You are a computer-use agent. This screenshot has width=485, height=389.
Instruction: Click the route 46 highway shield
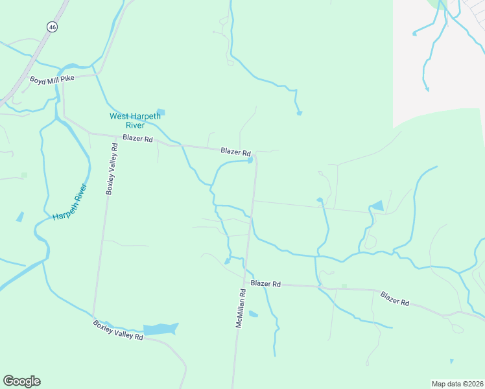[x=52, y=27]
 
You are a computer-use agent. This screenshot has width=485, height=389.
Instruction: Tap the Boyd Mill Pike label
[x=53, y=79]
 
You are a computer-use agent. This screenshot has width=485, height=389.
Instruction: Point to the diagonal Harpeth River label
[x=70, y=202]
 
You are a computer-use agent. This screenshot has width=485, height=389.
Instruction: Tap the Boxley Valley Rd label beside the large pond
[x=117, y=330]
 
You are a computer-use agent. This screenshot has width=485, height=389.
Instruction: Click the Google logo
[x=21, y=381]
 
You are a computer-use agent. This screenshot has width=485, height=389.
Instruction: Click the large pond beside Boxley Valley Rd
[x=160, y=329]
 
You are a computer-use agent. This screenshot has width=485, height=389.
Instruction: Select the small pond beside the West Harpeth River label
[x=161, y=112]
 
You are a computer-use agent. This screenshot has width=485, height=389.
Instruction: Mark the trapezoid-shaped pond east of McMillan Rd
[x=376, y=206]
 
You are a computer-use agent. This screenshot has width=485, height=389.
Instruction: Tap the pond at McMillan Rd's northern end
[x=250, y=161]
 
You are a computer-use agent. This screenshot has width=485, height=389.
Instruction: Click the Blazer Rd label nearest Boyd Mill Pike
[x=137, y=139]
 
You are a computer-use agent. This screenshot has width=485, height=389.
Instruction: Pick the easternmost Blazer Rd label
[x=395, y=298]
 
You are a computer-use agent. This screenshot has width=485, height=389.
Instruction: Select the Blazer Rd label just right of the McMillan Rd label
[x=265, y=284]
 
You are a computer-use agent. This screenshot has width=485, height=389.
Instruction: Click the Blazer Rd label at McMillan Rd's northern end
[x=235, y=151]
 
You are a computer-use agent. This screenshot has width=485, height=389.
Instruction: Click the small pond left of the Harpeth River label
[x=20, y=217]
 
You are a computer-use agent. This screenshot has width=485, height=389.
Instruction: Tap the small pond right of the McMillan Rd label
[x=253, y=314]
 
